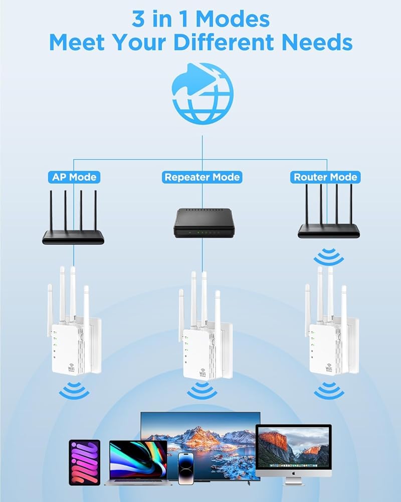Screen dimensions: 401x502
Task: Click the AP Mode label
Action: pyautogui.click(x=74, y=177)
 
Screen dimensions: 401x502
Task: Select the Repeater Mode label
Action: pyautogui.click(x=202, y=177)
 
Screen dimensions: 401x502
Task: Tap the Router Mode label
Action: pyautogui.click(x=325, y=177)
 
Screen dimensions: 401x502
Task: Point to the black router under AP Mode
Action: pyautogui.click(x=73, y=236)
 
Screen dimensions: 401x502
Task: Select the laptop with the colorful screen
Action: pyautogui.click(x=136, y=462)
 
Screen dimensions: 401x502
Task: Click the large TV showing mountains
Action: pyautogui.click(x=200, y=442)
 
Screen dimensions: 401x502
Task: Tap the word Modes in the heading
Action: pyautogui.click(x=233, y=19)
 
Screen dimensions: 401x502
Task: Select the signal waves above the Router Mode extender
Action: pyautogui.click(x=328, y=258)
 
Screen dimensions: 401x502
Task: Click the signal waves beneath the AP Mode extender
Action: pyautogui.click(x=74, y=390)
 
